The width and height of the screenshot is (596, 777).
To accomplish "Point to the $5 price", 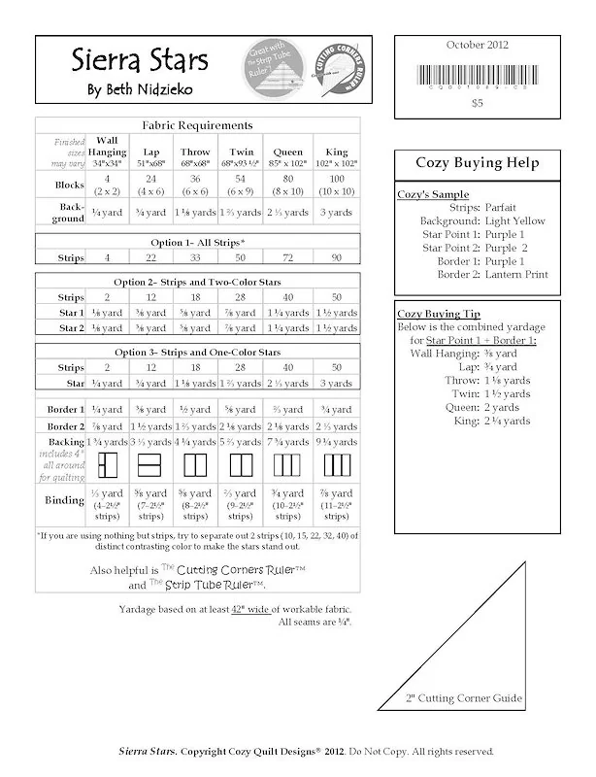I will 477,101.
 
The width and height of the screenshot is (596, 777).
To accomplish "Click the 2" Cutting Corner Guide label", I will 464,698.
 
